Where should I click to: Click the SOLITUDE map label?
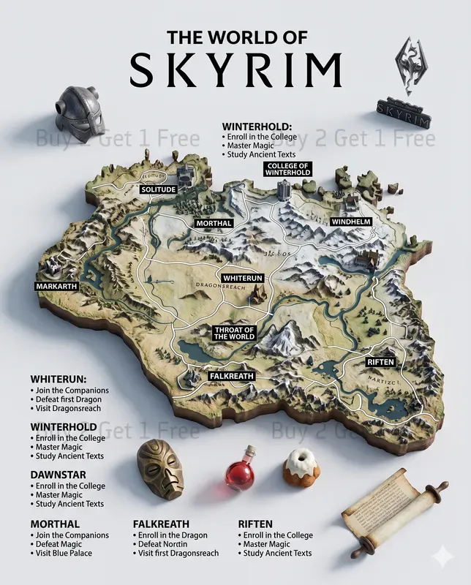159,189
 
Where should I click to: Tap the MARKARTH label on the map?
56,286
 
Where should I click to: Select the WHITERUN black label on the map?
243,279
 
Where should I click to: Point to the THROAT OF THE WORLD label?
234,333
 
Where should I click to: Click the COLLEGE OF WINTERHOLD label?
288,169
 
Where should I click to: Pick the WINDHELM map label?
350,222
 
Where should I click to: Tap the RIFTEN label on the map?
380,362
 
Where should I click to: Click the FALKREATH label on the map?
231,376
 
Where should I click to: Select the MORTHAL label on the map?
214,223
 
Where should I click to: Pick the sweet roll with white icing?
300,467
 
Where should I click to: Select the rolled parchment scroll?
394,510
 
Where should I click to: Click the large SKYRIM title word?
235,68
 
